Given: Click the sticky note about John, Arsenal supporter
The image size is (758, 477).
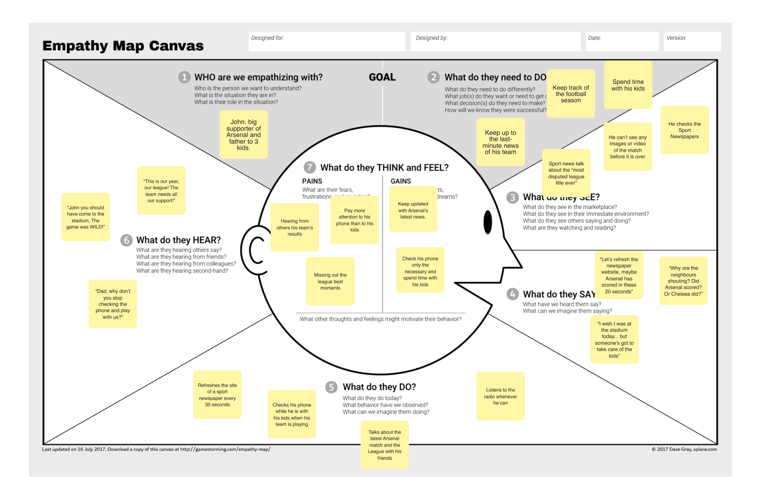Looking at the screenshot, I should point(243,135).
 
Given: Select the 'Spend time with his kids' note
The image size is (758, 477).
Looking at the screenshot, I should point(628,85).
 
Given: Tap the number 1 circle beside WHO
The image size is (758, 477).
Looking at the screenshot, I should point(184,77).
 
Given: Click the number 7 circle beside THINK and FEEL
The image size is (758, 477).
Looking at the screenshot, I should point(310,168).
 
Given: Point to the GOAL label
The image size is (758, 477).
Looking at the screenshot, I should point(382,77).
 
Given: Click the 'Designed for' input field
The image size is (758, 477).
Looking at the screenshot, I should point(327,41).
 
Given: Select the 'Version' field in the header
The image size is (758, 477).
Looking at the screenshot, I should point(692,41).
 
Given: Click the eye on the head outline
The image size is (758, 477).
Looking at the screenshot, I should point(488,222).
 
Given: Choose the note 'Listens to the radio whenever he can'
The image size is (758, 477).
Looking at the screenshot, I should point(500,396).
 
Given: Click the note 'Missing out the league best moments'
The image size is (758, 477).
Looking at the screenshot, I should point(330,281).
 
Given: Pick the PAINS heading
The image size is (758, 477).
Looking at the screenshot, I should point(312,181).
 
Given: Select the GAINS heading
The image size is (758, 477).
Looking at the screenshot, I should point(401,181).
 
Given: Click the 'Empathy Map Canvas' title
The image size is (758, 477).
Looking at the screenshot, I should point(123,46).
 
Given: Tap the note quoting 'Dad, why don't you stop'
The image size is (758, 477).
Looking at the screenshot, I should point(113,304).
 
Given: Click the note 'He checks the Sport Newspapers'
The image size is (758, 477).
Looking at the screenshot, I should point(684,130).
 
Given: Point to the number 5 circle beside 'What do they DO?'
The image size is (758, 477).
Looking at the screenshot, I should point(331,387).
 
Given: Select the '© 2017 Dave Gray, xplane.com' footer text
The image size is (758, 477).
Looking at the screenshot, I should point(684,449).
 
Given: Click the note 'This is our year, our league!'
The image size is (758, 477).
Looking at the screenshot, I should point(161,191).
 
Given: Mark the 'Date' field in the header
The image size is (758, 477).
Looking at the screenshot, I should point(622,41).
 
